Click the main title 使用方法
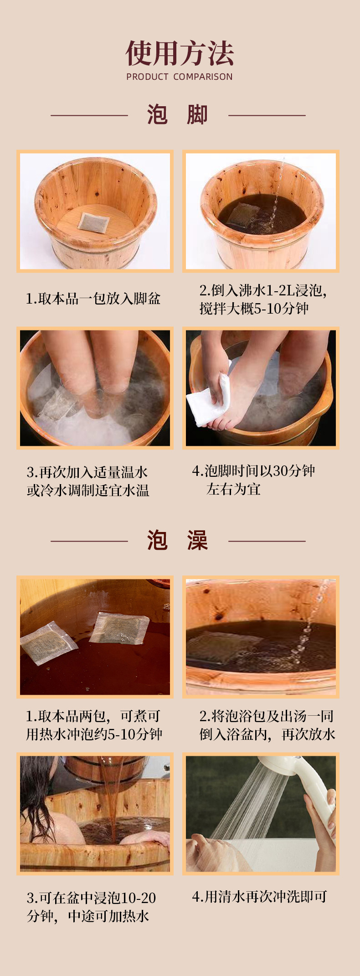180,54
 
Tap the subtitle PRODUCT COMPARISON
180,77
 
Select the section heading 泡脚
178,115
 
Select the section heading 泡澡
178,541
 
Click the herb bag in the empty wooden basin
93,222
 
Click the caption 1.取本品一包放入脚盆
93,299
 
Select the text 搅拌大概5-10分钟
254,309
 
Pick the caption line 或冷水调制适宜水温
88,491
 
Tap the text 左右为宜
233,489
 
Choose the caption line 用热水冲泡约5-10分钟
94,734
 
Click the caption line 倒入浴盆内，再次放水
267,734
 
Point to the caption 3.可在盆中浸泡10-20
92,898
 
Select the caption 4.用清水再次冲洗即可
260,897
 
